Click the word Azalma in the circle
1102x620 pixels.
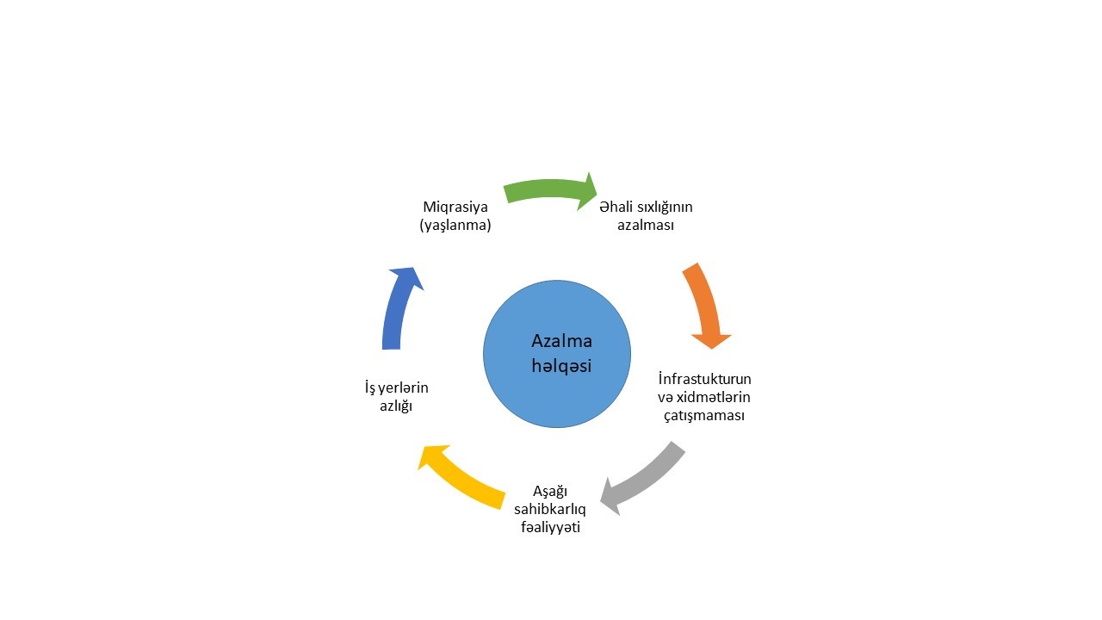point(561,341)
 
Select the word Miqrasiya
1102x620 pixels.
point(455,207)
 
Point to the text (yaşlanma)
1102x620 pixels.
point(455,226)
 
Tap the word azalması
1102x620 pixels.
point(646,226)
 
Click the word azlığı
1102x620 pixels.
point(396,406)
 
